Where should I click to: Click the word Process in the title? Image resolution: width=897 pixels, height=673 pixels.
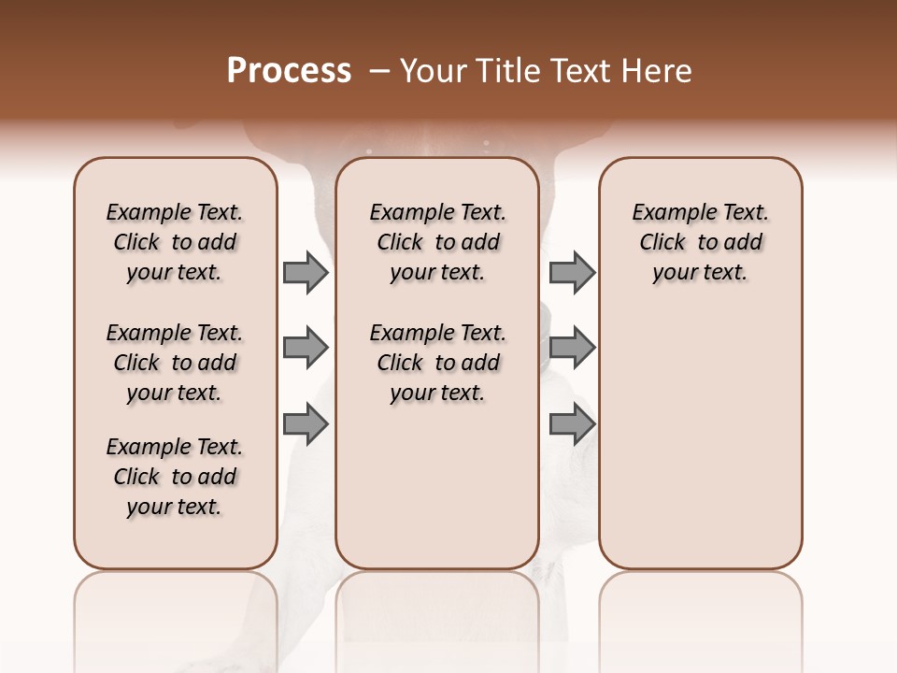(289, 71)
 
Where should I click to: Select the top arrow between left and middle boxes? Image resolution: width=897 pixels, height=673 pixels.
(306, 272)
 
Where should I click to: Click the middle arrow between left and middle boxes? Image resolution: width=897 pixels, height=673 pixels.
(306, 349)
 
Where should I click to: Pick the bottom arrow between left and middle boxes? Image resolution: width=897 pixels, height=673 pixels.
(306, 424)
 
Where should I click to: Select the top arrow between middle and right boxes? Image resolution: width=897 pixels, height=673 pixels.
(572, 272)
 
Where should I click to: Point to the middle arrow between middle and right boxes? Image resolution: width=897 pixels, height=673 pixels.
(572, 349)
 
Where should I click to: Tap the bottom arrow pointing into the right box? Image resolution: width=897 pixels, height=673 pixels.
(572, 424)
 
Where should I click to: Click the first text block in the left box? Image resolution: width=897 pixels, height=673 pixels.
(175, 242)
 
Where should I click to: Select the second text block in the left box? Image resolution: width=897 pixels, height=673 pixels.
(175, 363)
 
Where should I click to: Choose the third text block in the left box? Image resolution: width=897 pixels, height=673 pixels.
(175, 477)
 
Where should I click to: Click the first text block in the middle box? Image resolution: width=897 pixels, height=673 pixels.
(437, 242)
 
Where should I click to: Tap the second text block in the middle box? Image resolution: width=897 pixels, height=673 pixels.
(437, 363)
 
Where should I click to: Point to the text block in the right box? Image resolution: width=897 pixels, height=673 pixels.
(700, 242)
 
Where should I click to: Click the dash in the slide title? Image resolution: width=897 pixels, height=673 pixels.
(379, 71)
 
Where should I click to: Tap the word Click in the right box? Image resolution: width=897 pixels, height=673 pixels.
(662, 243)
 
